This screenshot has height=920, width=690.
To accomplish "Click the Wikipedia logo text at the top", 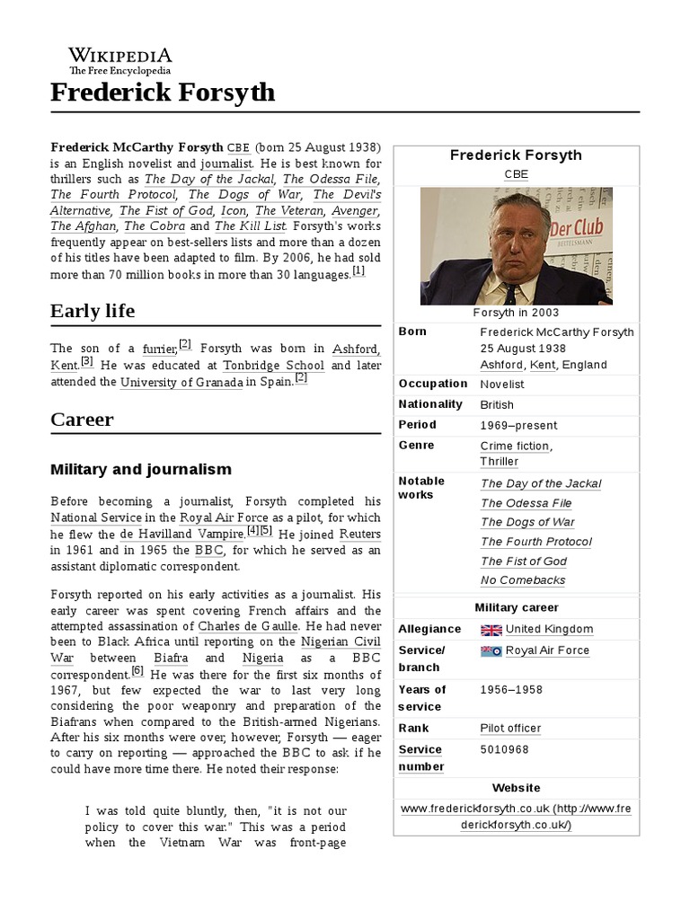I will coord(120,55).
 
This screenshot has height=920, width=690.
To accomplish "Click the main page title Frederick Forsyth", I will coord(163,93).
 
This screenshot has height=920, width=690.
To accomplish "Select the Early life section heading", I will coord(93,311).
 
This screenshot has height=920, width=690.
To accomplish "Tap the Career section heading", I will coord(82,420).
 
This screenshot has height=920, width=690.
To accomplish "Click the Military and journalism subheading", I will coord(141,469).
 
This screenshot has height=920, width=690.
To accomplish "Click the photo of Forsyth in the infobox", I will coord(516,246).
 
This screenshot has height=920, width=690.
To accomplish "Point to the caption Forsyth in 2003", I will coord(516,313).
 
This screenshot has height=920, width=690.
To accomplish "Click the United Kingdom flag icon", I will coord(491,630).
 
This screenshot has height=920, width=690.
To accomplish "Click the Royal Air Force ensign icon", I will coord(491,651).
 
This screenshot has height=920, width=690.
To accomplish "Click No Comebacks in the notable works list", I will coord(523,580).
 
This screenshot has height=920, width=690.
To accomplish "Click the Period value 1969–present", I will coord(518,425).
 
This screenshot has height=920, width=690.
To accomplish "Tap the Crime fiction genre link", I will coord(515,446).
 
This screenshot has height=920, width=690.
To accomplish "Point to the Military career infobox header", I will coord(516,607).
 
